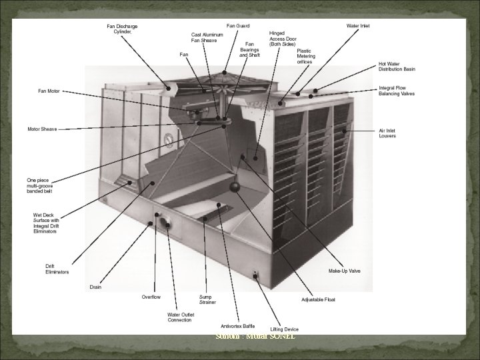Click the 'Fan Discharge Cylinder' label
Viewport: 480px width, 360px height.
[121, 29]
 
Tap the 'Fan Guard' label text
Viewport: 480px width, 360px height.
[239, 26]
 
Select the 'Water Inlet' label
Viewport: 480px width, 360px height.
[358, 26]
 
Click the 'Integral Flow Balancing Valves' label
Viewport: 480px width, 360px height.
[396, 91]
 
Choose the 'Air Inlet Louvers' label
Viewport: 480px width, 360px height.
[387, 133]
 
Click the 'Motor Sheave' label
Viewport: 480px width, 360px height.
[41, 129]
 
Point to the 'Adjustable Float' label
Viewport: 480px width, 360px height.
[319, 300]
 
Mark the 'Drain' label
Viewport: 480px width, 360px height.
[96, 287]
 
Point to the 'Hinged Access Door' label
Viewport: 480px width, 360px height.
[283, 38]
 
